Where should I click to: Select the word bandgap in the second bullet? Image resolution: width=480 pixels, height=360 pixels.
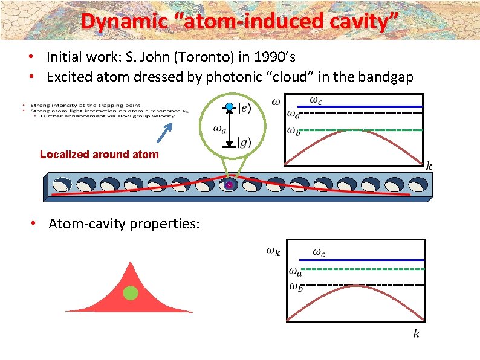pos(383,77)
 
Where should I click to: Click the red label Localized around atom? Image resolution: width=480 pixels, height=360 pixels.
pos(99,155)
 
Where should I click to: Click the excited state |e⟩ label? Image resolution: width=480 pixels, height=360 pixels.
pos(247,108)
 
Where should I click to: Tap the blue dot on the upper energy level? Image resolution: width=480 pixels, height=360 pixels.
pos(229,107)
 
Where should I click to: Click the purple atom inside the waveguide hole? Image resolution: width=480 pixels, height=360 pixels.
pos(229,185)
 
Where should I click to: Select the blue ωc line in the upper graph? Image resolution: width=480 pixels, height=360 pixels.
pos(363,106)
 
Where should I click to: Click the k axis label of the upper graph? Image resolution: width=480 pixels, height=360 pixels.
pos(430,166)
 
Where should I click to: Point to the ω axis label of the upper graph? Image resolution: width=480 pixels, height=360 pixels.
pos(276,101)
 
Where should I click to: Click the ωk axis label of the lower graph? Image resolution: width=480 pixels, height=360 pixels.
pos(274,251)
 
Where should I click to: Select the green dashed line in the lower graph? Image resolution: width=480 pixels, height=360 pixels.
pos(363,268)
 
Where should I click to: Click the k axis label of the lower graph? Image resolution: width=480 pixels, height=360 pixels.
pos(416,333)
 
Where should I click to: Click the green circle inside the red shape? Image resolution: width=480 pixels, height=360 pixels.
pos(131,294)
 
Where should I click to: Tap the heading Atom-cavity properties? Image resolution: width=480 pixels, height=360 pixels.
pos(124,224)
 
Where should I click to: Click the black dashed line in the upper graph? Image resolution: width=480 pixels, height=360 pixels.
pos(363,112)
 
